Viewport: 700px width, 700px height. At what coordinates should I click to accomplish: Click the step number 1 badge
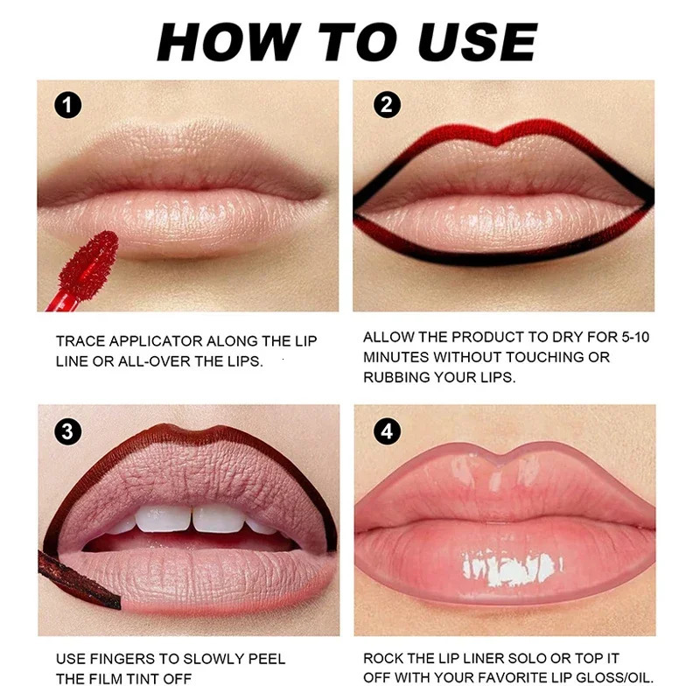click(x=67, y=105)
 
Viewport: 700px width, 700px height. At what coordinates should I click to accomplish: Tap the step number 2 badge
click(x=385, y=105)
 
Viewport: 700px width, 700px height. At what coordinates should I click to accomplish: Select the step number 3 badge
click(x=67, y=430)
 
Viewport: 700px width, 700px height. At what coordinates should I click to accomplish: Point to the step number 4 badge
click(x=385, y=431)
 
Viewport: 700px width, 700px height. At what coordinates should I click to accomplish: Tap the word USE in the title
click(x=479, y=41)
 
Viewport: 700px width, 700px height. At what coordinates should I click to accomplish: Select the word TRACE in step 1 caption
click(x=81, y=341)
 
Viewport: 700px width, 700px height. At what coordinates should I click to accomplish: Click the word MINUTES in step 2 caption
click(x=395, y=357)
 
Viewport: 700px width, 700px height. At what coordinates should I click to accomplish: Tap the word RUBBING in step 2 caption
click(x=398, y=377)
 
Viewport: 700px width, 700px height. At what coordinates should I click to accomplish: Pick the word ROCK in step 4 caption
click(x=384, y=657)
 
